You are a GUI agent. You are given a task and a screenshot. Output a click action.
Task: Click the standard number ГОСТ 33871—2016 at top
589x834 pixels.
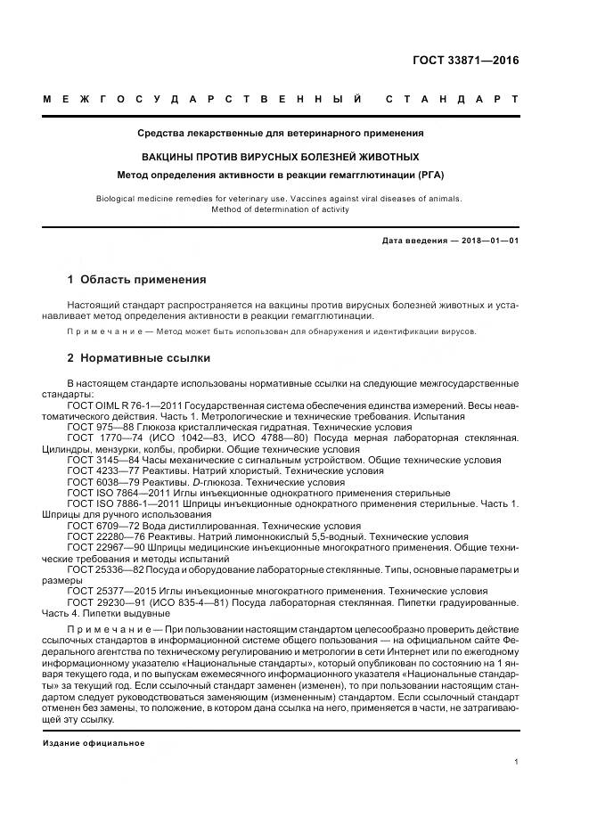(464, 61)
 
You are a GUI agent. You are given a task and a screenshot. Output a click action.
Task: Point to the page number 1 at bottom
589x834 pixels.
(517, 762)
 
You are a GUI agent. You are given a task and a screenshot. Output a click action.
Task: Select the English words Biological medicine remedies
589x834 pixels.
(150, 199)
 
